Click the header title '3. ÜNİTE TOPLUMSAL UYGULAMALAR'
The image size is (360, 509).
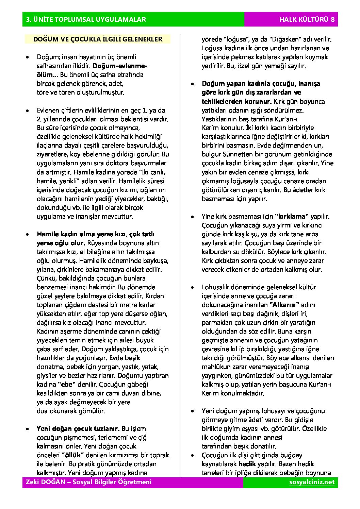click(86, 20)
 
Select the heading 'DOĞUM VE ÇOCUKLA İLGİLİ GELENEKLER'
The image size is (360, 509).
click(97, 39)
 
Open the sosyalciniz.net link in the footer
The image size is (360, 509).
click(312, 482)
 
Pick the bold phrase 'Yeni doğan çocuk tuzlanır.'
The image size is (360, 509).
click(78, 428)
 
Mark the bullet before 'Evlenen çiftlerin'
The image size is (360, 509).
click(27, 110)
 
